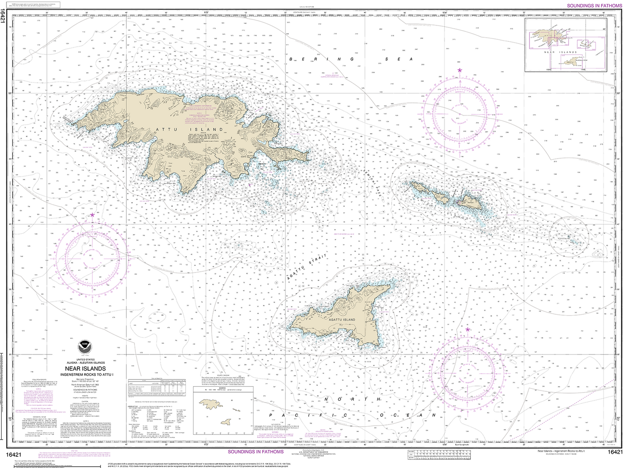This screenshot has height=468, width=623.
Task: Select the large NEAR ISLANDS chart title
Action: click(x=85, y=369)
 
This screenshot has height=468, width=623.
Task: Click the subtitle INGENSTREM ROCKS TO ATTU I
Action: click(x=85, y=375)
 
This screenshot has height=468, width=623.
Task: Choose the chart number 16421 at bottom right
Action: click(x=614, y=452)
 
